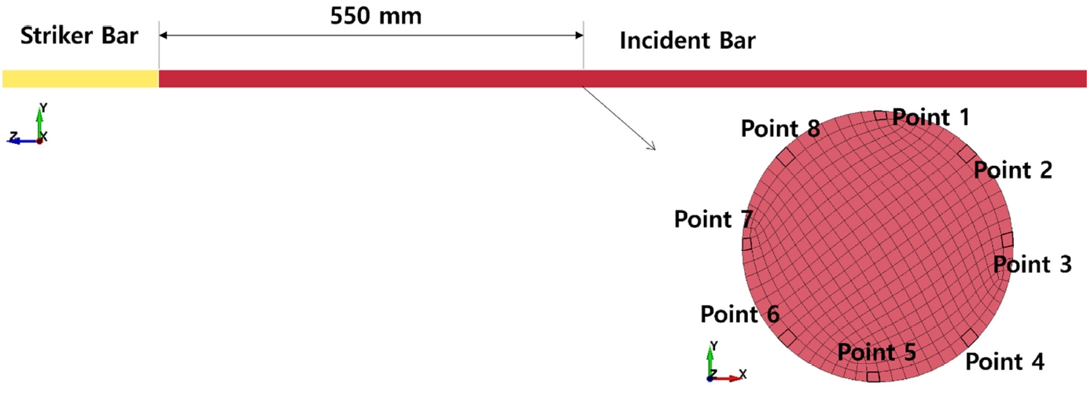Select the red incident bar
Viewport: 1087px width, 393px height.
[621, 79]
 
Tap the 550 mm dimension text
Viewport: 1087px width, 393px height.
[376, 17]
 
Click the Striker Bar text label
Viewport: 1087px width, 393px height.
[79, 36]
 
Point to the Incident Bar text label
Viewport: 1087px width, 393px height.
[687, 41]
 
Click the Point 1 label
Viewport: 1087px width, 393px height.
[931, 117]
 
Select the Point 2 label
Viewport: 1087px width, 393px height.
[1012, 170]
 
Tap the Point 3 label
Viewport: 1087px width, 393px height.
[1032, 265]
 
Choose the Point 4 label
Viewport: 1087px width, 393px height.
[1004, 362]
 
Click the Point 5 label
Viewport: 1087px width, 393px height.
[876, 352]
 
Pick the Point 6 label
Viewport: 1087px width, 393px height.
[739, 314]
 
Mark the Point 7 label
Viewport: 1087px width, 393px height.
[713, 220]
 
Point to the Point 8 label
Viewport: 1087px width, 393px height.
[780, 128]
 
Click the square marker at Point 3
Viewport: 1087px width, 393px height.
[1007, 240]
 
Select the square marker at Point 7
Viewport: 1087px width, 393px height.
[747, 243]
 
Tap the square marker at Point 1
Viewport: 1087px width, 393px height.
[879, 116]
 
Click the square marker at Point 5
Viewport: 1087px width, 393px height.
[872, 375]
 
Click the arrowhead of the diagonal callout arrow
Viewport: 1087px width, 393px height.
[652, 146]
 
